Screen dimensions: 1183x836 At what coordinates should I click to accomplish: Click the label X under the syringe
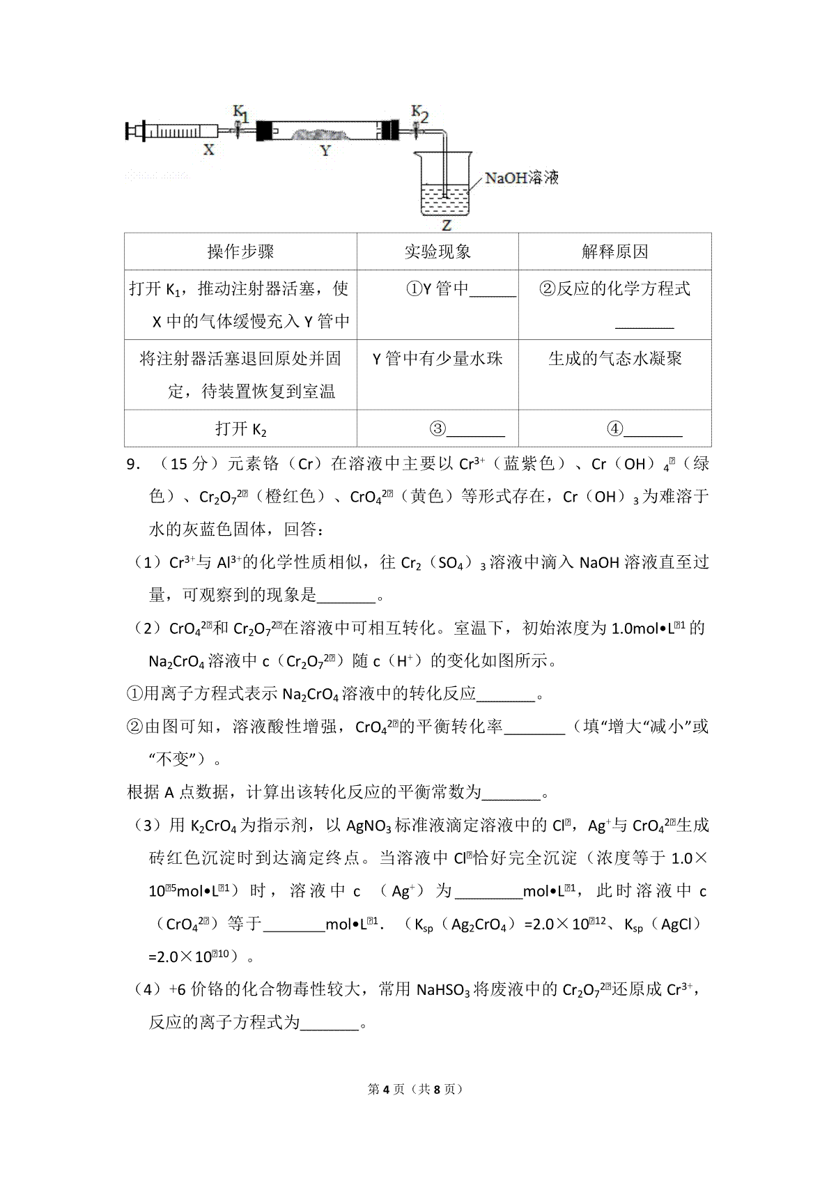coord(208,149)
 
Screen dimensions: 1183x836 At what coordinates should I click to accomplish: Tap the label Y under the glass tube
coord(325,150)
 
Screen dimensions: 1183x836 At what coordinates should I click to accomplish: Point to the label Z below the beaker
coord(447,225)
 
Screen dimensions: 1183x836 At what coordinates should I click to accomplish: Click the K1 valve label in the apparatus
coord(240,113)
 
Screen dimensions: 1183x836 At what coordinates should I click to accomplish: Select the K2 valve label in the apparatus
coord(419,113)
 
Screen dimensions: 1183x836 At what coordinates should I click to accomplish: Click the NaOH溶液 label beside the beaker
coord(522,178)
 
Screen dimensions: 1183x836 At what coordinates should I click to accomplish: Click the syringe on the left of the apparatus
coord(174,130)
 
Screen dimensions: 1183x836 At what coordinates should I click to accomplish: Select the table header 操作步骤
coord(240,252)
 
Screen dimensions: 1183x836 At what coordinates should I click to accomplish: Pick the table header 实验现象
coord(438,252)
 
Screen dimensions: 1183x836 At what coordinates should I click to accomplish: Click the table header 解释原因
coord(614,252)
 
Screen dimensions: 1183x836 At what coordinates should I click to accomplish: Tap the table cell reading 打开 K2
coord(240,428)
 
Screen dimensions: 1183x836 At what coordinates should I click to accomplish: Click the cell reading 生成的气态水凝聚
coord(614,359)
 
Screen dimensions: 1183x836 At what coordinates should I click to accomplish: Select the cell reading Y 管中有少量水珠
coord(438,359)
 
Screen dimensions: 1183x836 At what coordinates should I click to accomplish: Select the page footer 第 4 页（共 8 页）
coord(417,1089)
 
